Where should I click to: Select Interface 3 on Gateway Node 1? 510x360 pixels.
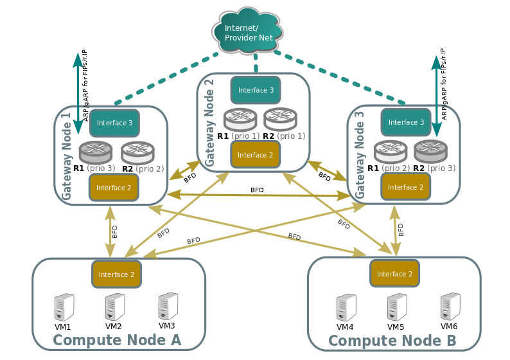click(114, 122)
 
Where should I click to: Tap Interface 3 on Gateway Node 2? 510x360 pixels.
click(256, 90)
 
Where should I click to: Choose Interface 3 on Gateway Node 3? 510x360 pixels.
click(406, 122)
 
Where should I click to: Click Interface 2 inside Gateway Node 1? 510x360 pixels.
click(113, 187)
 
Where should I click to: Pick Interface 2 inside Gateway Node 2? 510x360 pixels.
click(255, 155)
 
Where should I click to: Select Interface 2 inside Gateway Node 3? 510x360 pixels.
click(405, 187)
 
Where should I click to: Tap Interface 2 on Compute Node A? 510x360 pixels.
click(116, 274)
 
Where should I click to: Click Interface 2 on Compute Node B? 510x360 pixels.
click(394, 274)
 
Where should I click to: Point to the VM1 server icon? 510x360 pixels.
click(64, 307)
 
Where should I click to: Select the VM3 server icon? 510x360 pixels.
click(167, 306)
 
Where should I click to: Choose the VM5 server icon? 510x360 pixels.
click(396, 307)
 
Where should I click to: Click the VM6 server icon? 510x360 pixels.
click(450, 307)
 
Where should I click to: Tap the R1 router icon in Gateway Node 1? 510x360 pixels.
click(95, 152)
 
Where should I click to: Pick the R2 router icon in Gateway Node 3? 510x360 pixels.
click(430, 152)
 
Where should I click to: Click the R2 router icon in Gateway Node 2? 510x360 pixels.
click(280, 120)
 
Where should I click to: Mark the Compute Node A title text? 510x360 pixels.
click(118, 341)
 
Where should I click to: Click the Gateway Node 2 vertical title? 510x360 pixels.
click(209, 120)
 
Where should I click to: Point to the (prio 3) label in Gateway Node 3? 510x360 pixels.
click(442, 168)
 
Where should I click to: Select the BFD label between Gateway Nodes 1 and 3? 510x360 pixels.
click(257, 190)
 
